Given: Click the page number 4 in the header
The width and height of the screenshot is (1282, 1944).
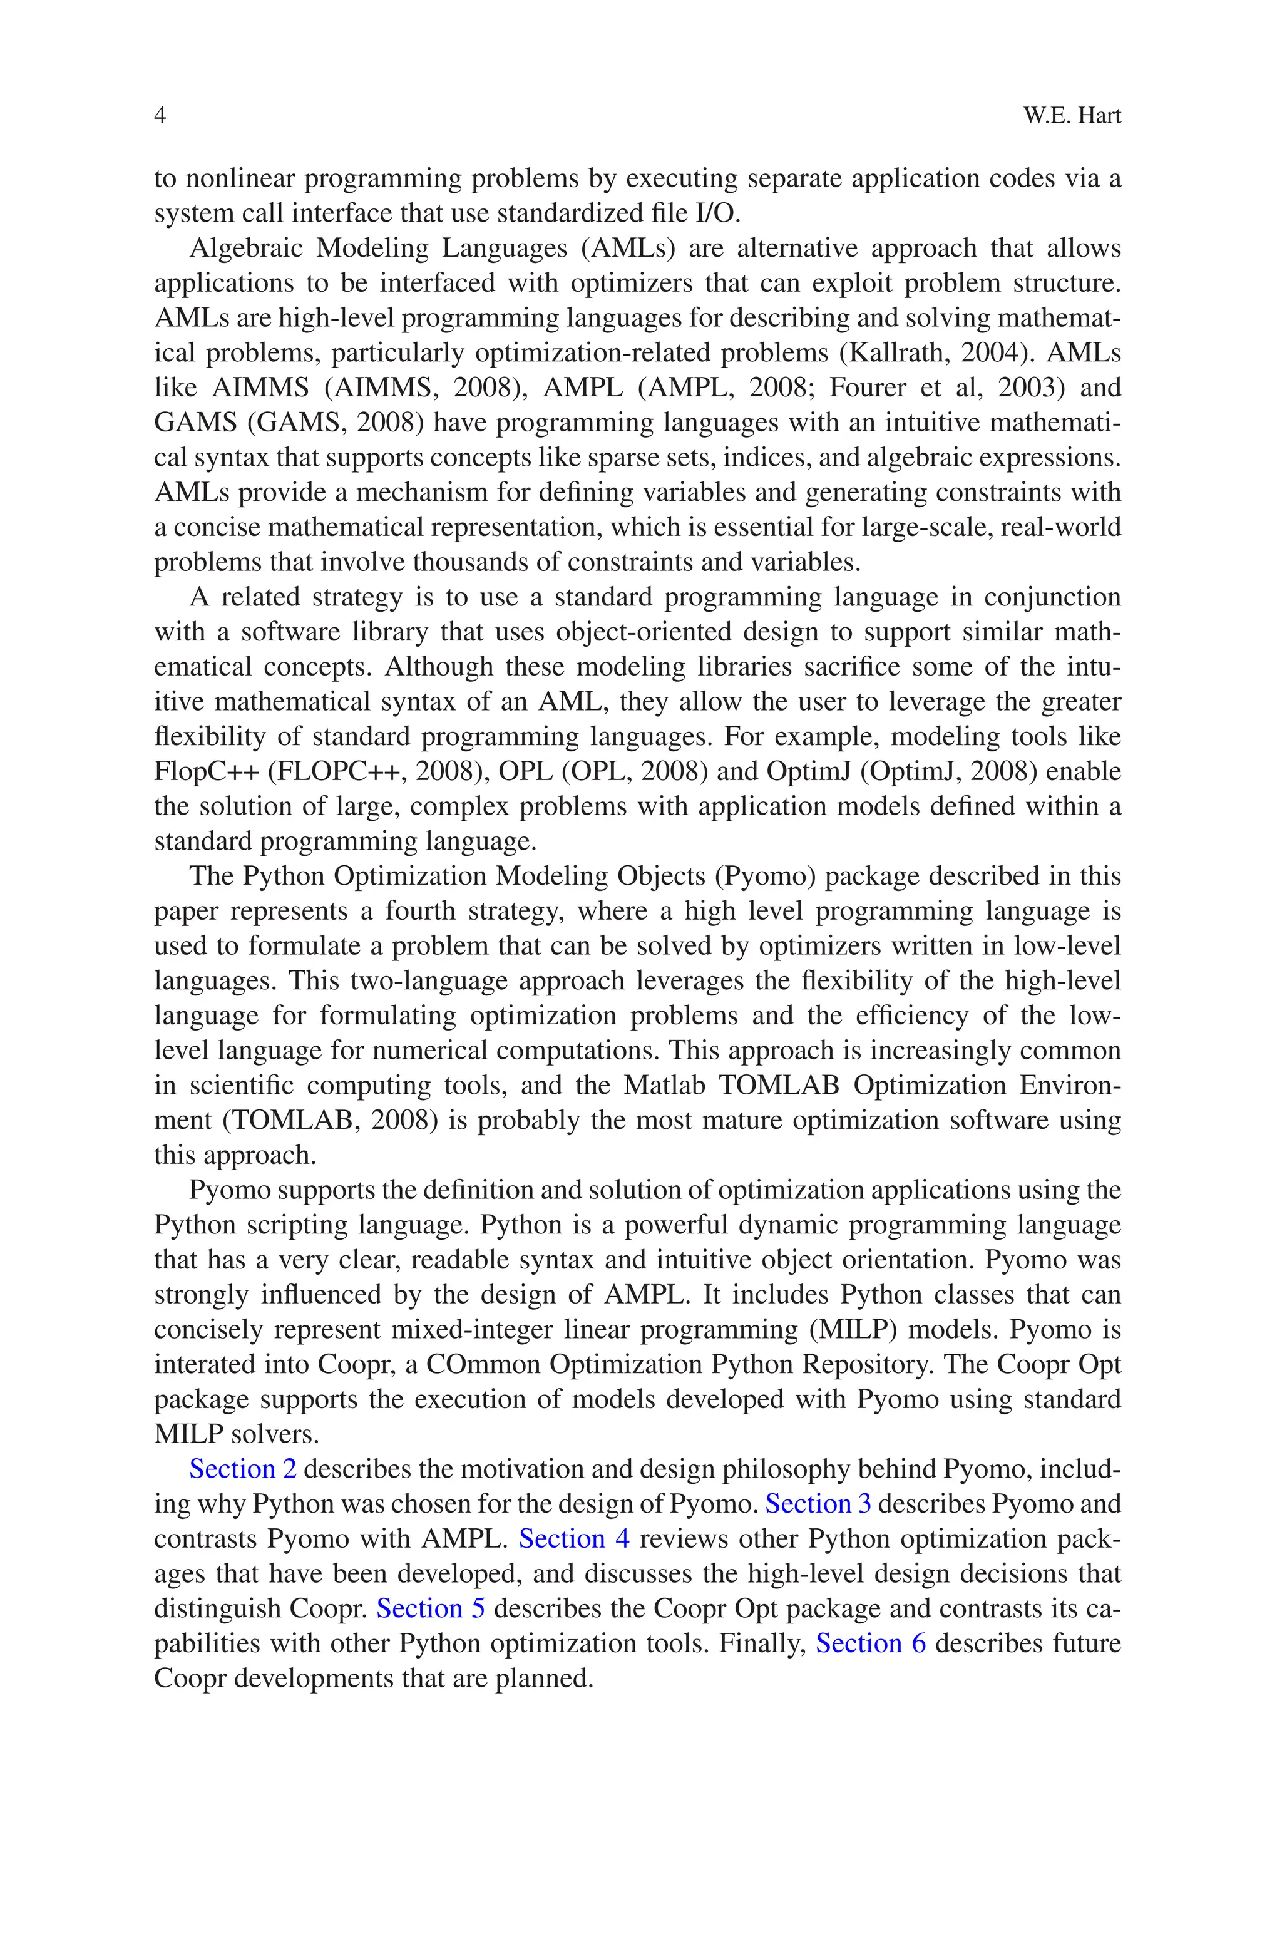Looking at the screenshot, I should tap(160, 116).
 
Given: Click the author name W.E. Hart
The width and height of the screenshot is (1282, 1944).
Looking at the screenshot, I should tap(1071, 116).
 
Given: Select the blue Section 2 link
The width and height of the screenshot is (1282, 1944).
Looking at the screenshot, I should tap(243, 1469).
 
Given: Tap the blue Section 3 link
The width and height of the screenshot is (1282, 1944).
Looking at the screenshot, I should tap(818, 1504).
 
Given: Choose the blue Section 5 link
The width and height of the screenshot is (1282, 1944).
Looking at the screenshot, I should tap(430, 1609).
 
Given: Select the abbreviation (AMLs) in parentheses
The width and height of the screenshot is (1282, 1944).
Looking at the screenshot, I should tap(628, 248).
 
